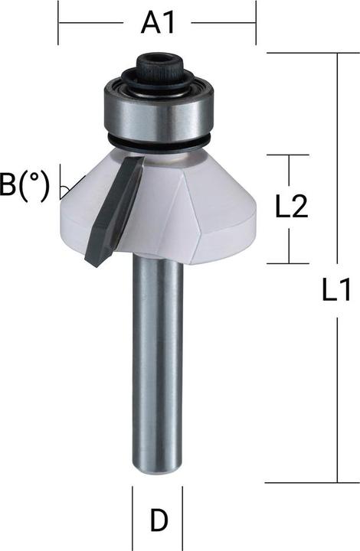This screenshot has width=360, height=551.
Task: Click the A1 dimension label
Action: click(x=158, y=24)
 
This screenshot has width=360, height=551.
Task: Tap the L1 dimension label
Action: click(x=336, y=290)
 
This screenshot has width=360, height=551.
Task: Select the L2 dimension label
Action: click(x=291, y=207)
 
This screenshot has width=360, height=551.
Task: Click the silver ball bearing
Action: click(x=159, y=113)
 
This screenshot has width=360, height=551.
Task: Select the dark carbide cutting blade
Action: click(x=114, y=211)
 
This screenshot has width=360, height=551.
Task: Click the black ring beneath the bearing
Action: click(x=159, y=144)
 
